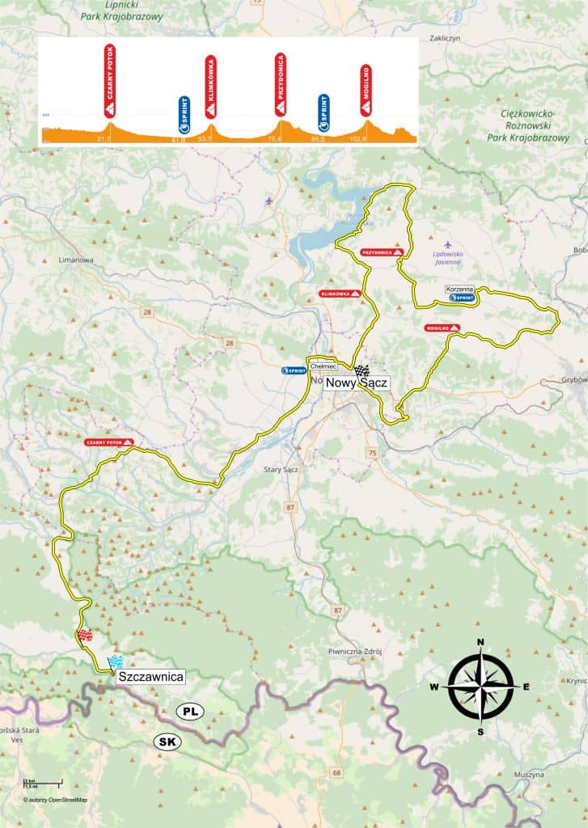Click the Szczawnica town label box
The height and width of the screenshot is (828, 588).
152,676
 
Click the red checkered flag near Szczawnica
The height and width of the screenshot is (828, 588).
85,636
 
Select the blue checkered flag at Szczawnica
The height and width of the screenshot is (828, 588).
115,661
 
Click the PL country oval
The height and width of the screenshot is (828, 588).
191,712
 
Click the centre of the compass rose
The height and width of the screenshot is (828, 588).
480,686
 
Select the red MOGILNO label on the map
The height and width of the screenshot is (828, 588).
442,328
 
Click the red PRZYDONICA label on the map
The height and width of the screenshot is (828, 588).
383,252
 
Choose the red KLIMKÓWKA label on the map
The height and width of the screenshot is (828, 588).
340,294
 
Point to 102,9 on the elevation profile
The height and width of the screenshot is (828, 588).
366,140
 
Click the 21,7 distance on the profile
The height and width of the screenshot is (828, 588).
103,140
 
